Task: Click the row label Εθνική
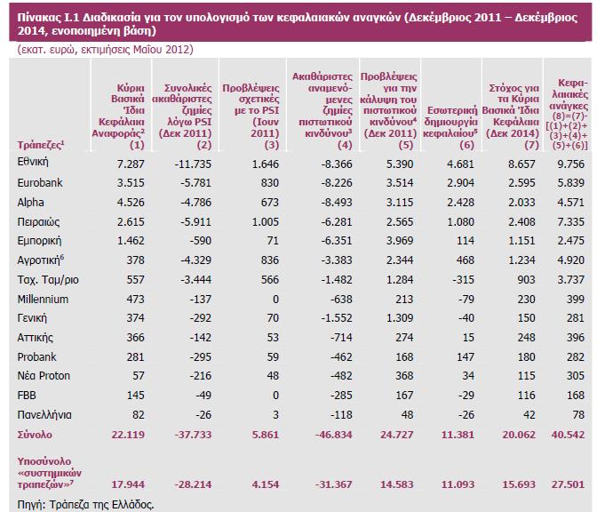coord(33,164)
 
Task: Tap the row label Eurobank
coord(38,183)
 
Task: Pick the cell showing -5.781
coord(192,183)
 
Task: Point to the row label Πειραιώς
coord(37,222)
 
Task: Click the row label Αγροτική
coord(37,260)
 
